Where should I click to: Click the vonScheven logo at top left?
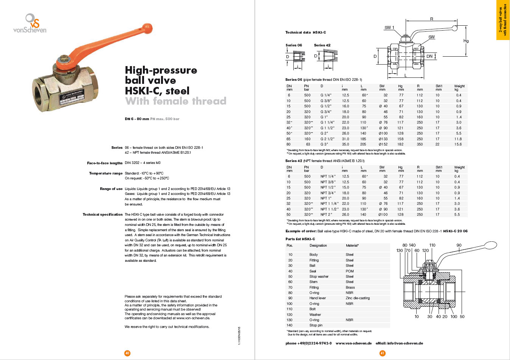pos(30,23)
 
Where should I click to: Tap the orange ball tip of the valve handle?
pos(147,28)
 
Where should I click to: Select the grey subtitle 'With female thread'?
pos(175,101)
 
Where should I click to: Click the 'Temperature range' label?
pos(105,173)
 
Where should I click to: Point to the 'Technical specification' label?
pos(102,215)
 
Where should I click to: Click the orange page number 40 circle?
pos(127,353)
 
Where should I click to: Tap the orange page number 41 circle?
pos(382,353)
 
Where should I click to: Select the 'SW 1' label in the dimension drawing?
pos(389,28)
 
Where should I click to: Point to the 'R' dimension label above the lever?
pos(431,19)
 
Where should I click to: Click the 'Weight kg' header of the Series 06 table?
pos(459,88)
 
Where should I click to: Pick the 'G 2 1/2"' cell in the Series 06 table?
pos(327,139)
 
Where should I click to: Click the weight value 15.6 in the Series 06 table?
pos(458,144)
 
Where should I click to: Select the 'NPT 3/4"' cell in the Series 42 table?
pos(328,193)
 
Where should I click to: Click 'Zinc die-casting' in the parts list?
pos(358,298)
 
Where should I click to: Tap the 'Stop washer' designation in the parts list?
pos(319,277)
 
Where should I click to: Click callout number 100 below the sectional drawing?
pos(454,317)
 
